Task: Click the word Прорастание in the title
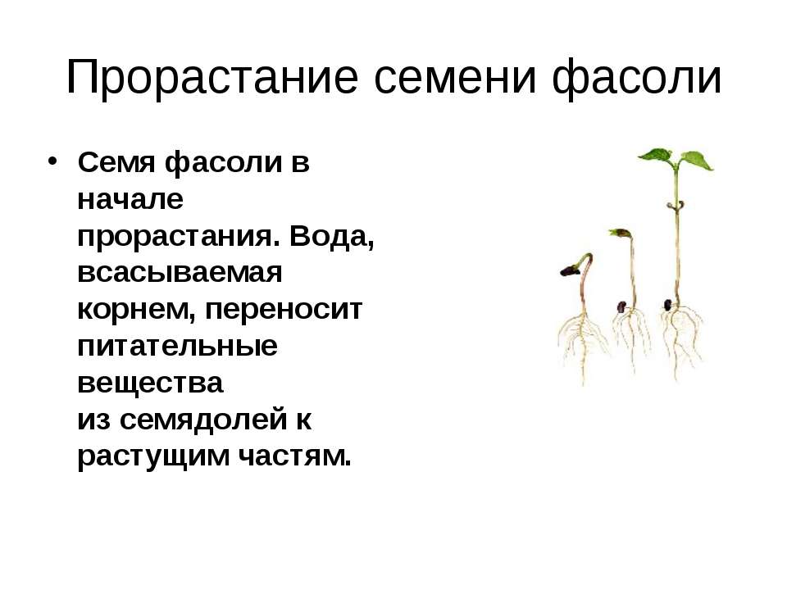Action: click(x=212, y=77)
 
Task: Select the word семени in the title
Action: click(x=455, y=78)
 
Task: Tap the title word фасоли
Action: click(x=636, y=78)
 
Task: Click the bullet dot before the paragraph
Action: click(x=52, y=161)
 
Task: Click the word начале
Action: click(x=130, y=199)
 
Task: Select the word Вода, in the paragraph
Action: click(x=332, y=236)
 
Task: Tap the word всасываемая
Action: click(x=180, y=273)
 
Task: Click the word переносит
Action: click(x=284, y=310)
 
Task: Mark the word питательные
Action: click(x=177, y=346)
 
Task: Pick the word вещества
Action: click(x=150, y=383)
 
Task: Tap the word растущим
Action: click(x=153, y=457)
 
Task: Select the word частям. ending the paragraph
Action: click(x=294, y=457)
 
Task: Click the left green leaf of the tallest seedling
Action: click(x=657, y=155)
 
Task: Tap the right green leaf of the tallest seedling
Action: click(x=696, y=160)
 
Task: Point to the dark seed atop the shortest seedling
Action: click(x=571, y=271)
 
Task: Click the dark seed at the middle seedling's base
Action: click(x=621, y=306)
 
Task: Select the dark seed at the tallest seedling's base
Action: click(x=667, y=305)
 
